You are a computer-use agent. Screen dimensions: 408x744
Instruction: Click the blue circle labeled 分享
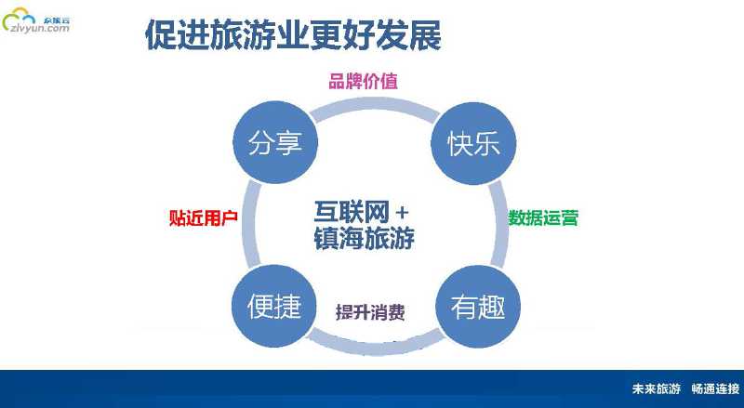coord(274,144)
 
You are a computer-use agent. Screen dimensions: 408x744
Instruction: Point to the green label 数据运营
coord(543,218)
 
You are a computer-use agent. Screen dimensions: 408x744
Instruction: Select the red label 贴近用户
coord(203,218)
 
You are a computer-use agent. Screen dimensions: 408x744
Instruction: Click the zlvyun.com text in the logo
coord(37,29)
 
